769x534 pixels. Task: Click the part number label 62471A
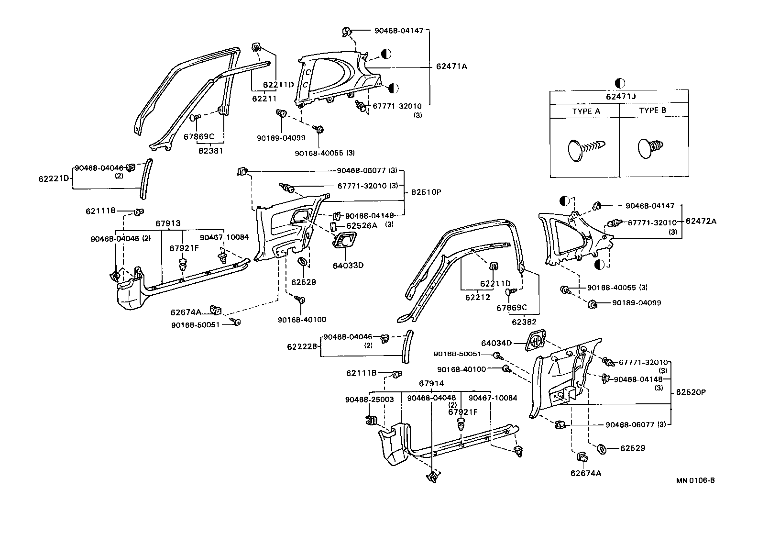(451, 67)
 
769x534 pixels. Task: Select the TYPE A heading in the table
(586, 111)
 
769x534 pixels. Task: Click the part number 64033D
(348, 265)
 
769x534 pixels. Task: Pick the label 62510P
(426, 192)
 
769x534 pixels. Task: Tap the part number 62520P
(691, 392)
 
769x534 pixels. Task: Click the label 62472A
(701, 222)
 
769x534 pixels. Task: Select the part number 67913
(168, 223)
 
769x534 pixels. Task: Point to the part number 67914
(431, 383)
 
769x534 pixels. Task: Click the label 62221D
(54, 179)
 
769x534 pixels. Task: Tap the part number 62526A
(362, 225)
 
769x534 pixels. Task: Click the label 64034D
(496, 343)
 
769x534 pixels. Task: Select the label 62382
(524, 322)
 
